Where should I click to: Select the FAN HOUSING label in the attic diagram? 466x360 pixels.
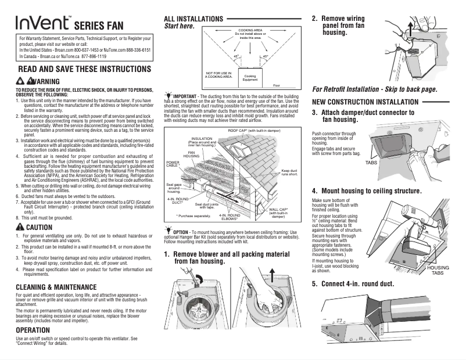coord(192,155)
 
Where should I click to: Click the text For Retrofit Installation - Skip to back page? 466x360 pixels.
coord(374,89)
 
